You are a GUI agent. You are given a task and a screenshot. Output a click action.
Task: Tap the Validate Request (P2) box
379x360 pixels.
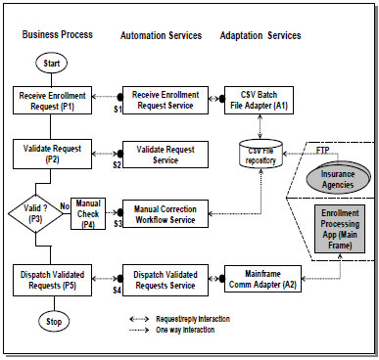click(52, 154)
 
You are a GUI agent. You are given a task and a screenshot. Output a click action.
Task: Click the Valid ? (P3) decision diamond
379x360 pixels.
click(33, 209)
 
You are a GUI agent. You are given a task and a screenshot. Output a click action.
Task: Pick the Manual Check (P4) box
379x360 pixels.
click(87, 209)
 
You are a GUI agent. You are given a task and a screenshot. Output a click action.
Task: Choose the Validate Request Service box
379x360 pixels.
click(162, 154)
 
